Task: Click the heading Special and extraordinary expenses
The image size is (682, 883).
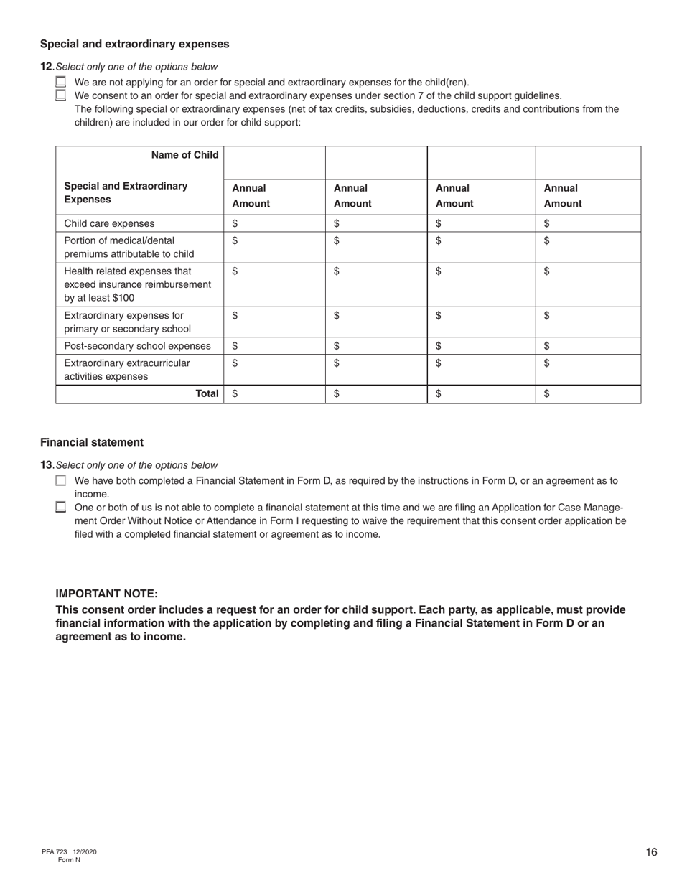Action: click(x=134, y=44)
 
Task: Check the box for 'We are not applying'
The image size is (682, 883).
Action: click(x=61, y=82)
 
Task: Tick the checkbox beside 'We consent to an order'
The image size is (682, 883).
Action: click(x=61, y=95)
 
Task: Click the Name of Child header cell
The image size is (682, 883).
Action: click(x=184, y=155)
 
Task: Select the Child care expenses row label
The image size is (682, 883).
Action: click(x=109, y=223)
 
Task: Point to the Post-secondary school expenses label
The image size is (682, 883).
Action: click(x=137, y=346)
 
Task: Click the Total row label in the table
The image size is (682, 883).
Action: click(x=207, y=393)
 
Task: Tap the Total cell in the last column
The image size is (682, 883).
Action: click(x=587, y=393)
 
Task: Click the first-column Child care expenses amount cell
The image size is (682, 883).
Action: click(x=274, y=223)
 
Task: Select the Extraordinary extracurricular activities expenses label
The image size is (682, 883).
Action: click(x=127, y=370)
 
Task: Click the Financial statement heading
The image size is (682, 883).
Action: click(x=92, y=442)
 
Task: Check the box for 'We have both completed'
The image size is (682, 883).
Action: click(x=61, y=481)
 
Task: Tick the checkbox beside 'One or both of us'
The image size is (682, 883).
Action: click(x=61, y=507)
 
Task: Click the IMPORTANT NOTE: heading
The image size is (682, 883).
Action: click(x=106, y=594)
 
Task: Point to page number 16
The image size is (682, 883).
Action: click(x=651, y=852)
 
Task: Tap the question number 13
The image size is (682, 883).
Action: click(x=46, y=465)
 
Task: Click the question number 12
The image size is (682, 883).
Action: click(x=46, y=67)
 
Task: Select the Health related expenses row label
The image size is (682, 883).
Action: click(x=138, y=284)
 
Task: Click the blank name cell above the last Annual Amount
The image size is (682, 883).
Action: click(x=587, y=162)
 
